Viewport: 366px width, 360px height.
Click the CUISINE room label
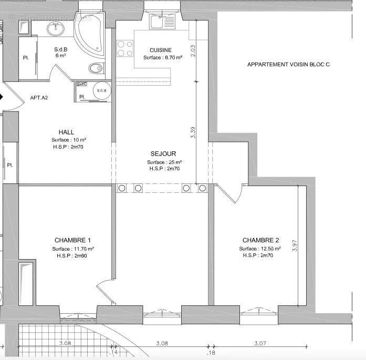[161, 50]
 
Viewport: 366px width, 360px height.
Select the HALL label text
[67, 132]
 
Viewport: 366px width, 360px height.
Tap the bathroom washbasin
[55, 29]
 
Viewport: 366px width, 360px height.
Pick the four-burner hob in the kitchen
[124, 49]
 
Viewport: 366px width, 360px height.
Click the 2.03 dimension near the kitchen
[193, 50]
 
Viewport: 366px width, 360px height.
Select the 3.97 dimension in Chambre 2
[295, 246]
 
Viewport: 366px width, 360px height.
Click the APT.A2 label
[39, 98]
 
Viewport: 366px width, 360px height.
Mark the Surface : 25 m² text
[164, 162]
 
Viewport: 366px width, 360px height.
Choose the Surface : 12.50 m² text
[260, 249]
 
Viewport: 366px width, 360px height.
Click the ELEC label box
[81, 84]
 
